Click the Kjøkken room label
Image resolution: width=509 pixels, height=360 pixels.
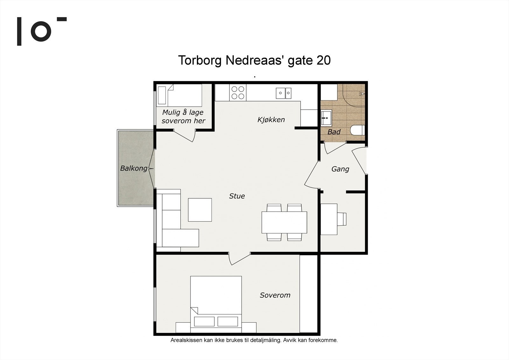(271, 120)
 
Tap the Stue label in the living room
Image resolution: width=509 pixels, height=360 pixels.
(237, 196)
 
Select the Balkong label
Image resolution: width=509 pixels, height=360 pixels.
(134, 168)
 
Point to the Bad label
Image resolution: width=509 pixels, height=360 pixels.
(334, 132)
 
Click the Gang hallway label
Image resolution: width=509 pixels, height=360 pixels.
(340, 169)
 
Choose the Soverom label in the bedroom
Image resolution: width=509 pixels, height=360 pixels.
(275, 295)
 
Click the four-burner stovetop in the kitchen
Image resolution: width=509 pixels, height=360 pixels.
(238, 93)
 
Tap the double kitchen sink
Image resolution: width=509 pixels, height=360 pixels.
(283, 93)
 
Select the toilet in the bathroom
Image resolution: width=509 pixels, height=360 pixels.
(358, 130)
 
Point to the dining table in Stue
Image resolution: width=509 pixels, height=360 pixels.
(284, 222)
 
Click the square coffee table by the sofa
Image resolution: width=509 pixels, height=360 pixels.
(200, 210)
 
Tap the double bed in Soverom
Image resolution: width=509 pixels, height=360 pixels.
(216, 305)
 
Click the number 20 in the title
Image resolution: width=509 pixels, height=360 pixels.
(323, 60)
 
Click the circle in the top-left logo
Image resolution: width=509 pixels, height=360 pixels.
(41, 32)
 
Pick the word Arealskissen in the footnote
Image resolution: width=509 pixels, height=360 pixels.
(186, 340)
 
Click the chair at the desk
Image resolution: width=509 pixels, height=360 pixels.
(342, 219)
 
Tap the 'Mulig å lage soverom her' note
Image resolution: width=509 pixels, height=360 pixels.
(183, 116)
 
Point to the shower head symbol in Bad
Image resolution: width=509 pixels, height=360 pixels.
(362, 94)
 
